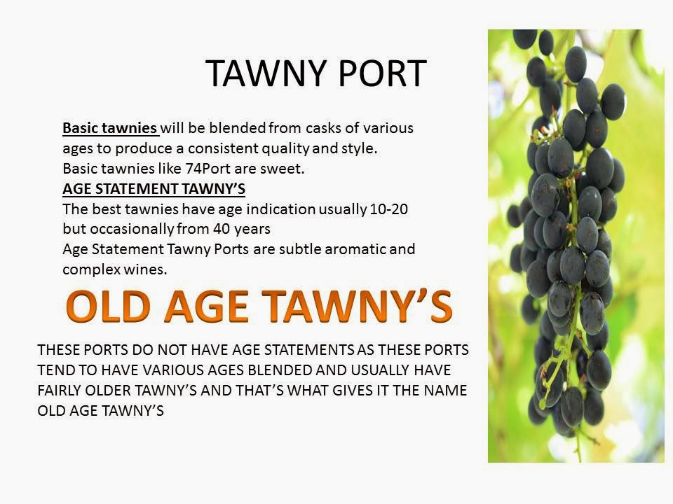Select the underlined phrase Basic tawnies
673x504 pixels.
tap(109, 129)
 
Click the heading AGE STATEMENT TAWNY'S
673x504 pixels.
tap(154, 189)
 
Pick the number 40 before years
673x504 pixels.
tap(223, 229)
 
